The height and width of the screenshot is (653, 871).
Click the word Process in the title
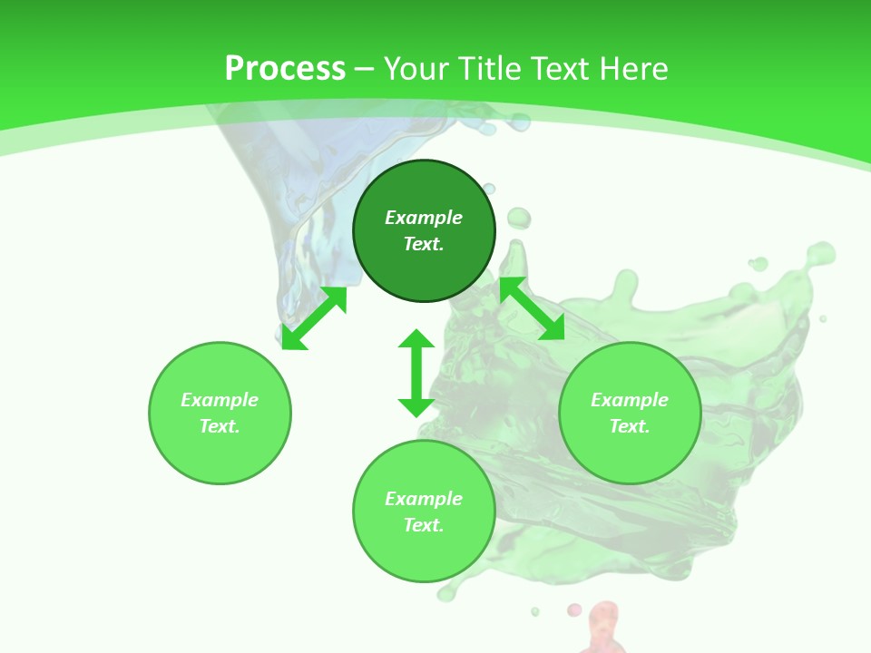285,69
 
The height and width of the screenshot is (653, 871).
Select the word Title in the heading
494,69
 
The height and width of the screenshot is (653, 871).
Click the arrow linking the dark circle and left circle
314,318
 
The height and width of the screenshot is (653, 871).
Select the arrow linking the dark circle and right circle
532,308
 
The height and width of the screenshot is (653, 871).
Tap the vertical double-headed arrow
416,373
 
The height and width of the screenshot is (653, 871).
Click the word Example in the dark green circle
424,218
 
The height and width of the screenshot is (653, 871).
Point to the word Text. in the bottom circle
424,525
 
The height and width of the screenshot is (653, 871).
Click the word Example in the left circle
220,400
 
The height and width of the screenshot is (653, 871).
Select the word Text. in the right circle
630,426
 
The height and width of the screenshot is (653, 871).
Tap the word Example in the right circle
630,400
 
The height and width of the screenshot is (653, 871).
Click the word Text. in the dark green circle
424,244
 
